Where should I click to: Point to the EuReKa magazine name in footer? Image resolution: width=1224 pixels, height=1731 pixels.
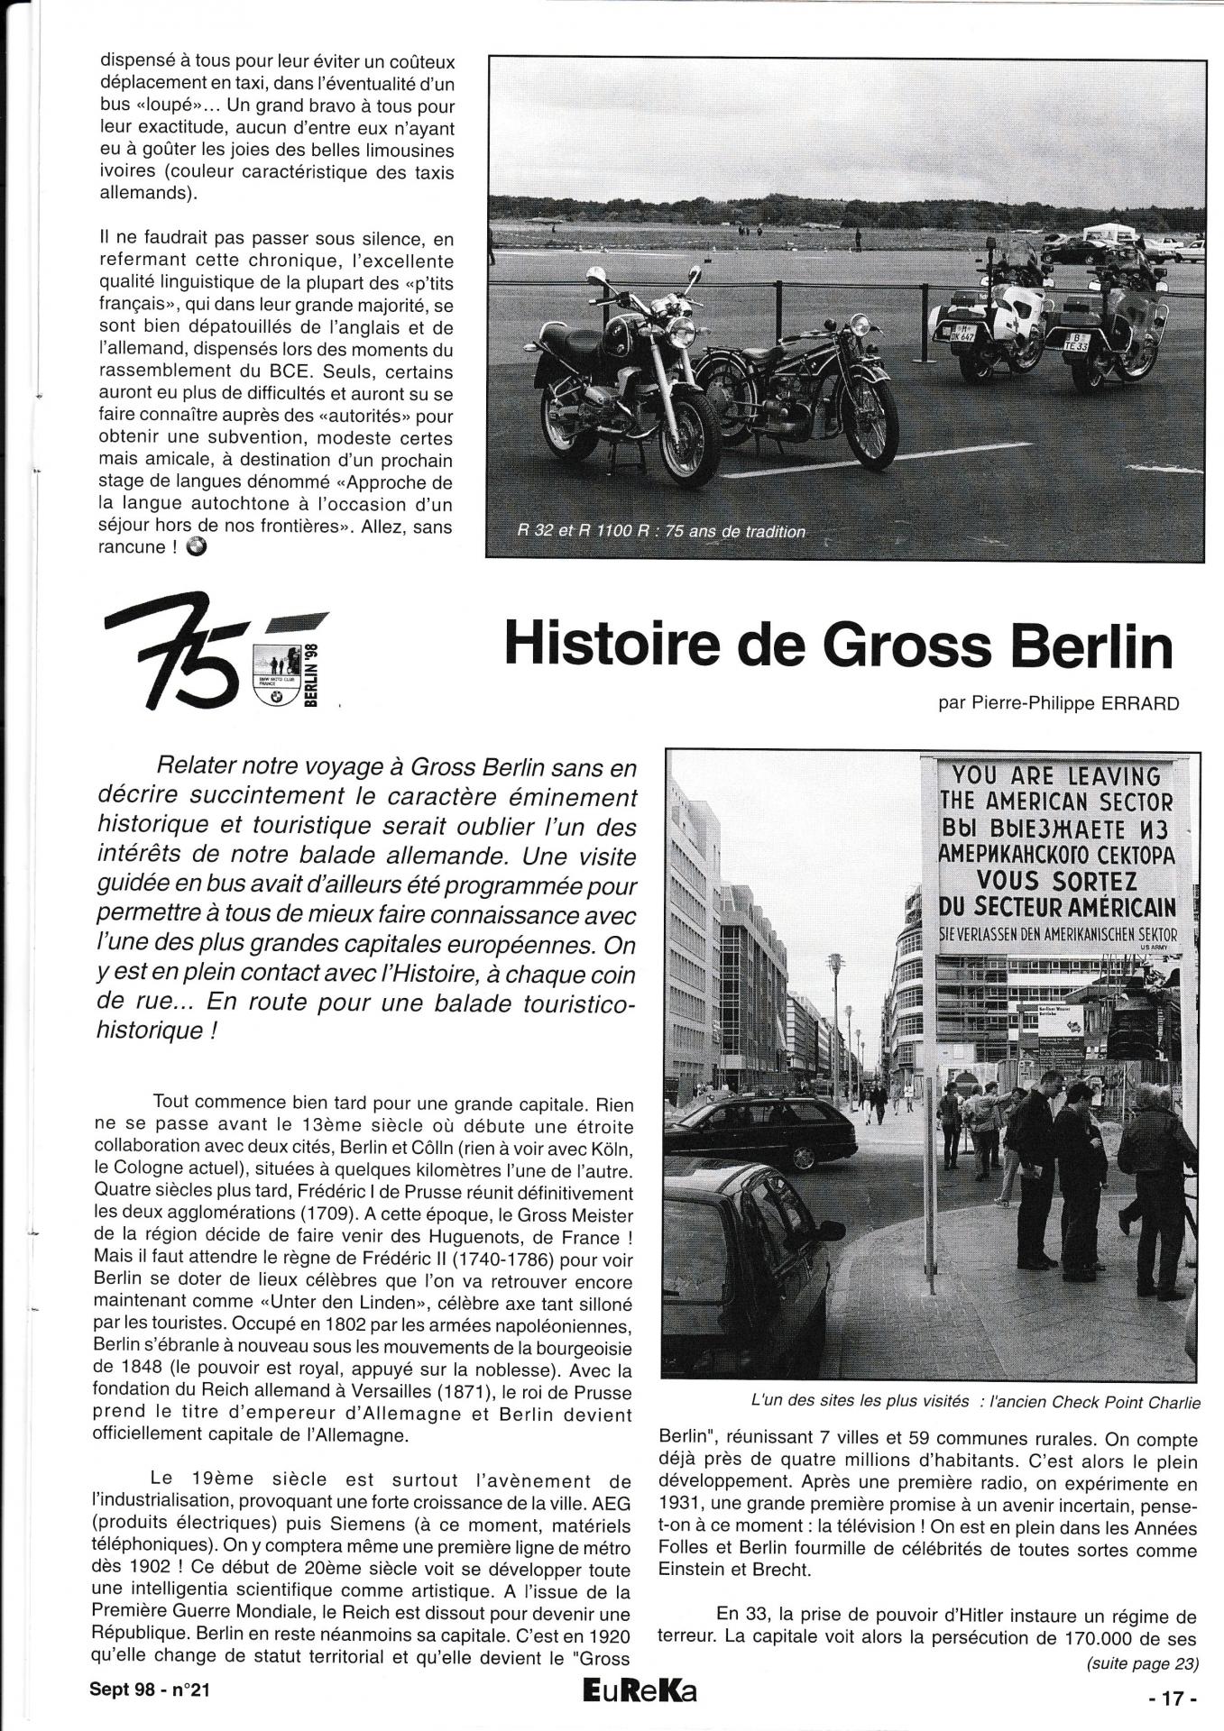[640, 1692]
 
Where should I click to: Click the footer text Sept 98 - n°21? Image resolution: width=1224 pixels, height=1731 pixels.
[149, 1691]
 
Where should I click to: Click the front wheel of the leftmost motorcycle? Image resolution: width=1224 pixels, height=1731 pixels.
[681, 443]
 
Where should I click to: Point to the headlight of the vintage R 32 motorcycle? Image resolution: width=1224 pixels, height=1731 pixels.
[859, 325]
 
